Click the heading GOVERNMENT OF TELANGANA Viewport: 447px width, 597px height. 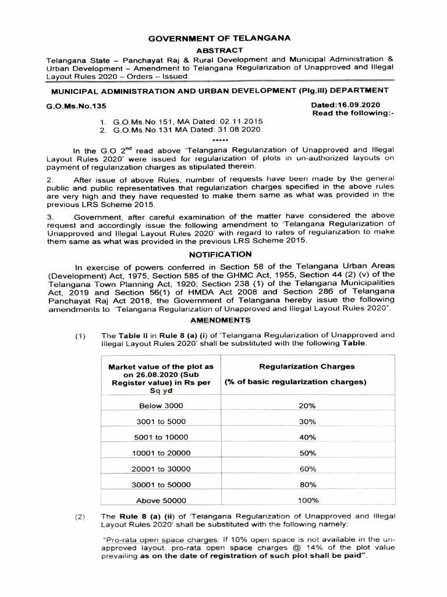pos(219,38)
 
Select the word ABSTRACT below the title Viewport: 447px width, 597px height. pos(219,51)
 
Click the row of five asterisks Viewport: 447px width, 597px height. pos(221,141)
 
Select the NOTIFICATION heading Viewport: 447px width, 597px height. pos(221,254)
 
